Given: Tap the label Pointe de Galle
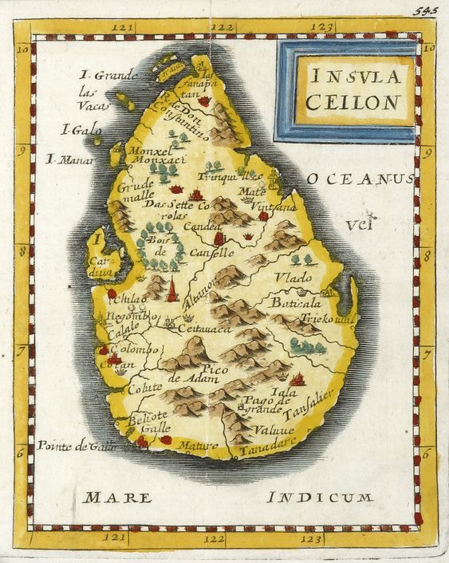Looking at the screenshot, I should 77,446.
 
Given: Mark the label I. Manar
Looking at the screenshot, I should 70,159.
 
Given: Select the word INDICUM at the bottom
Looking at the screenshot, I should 320,498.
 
